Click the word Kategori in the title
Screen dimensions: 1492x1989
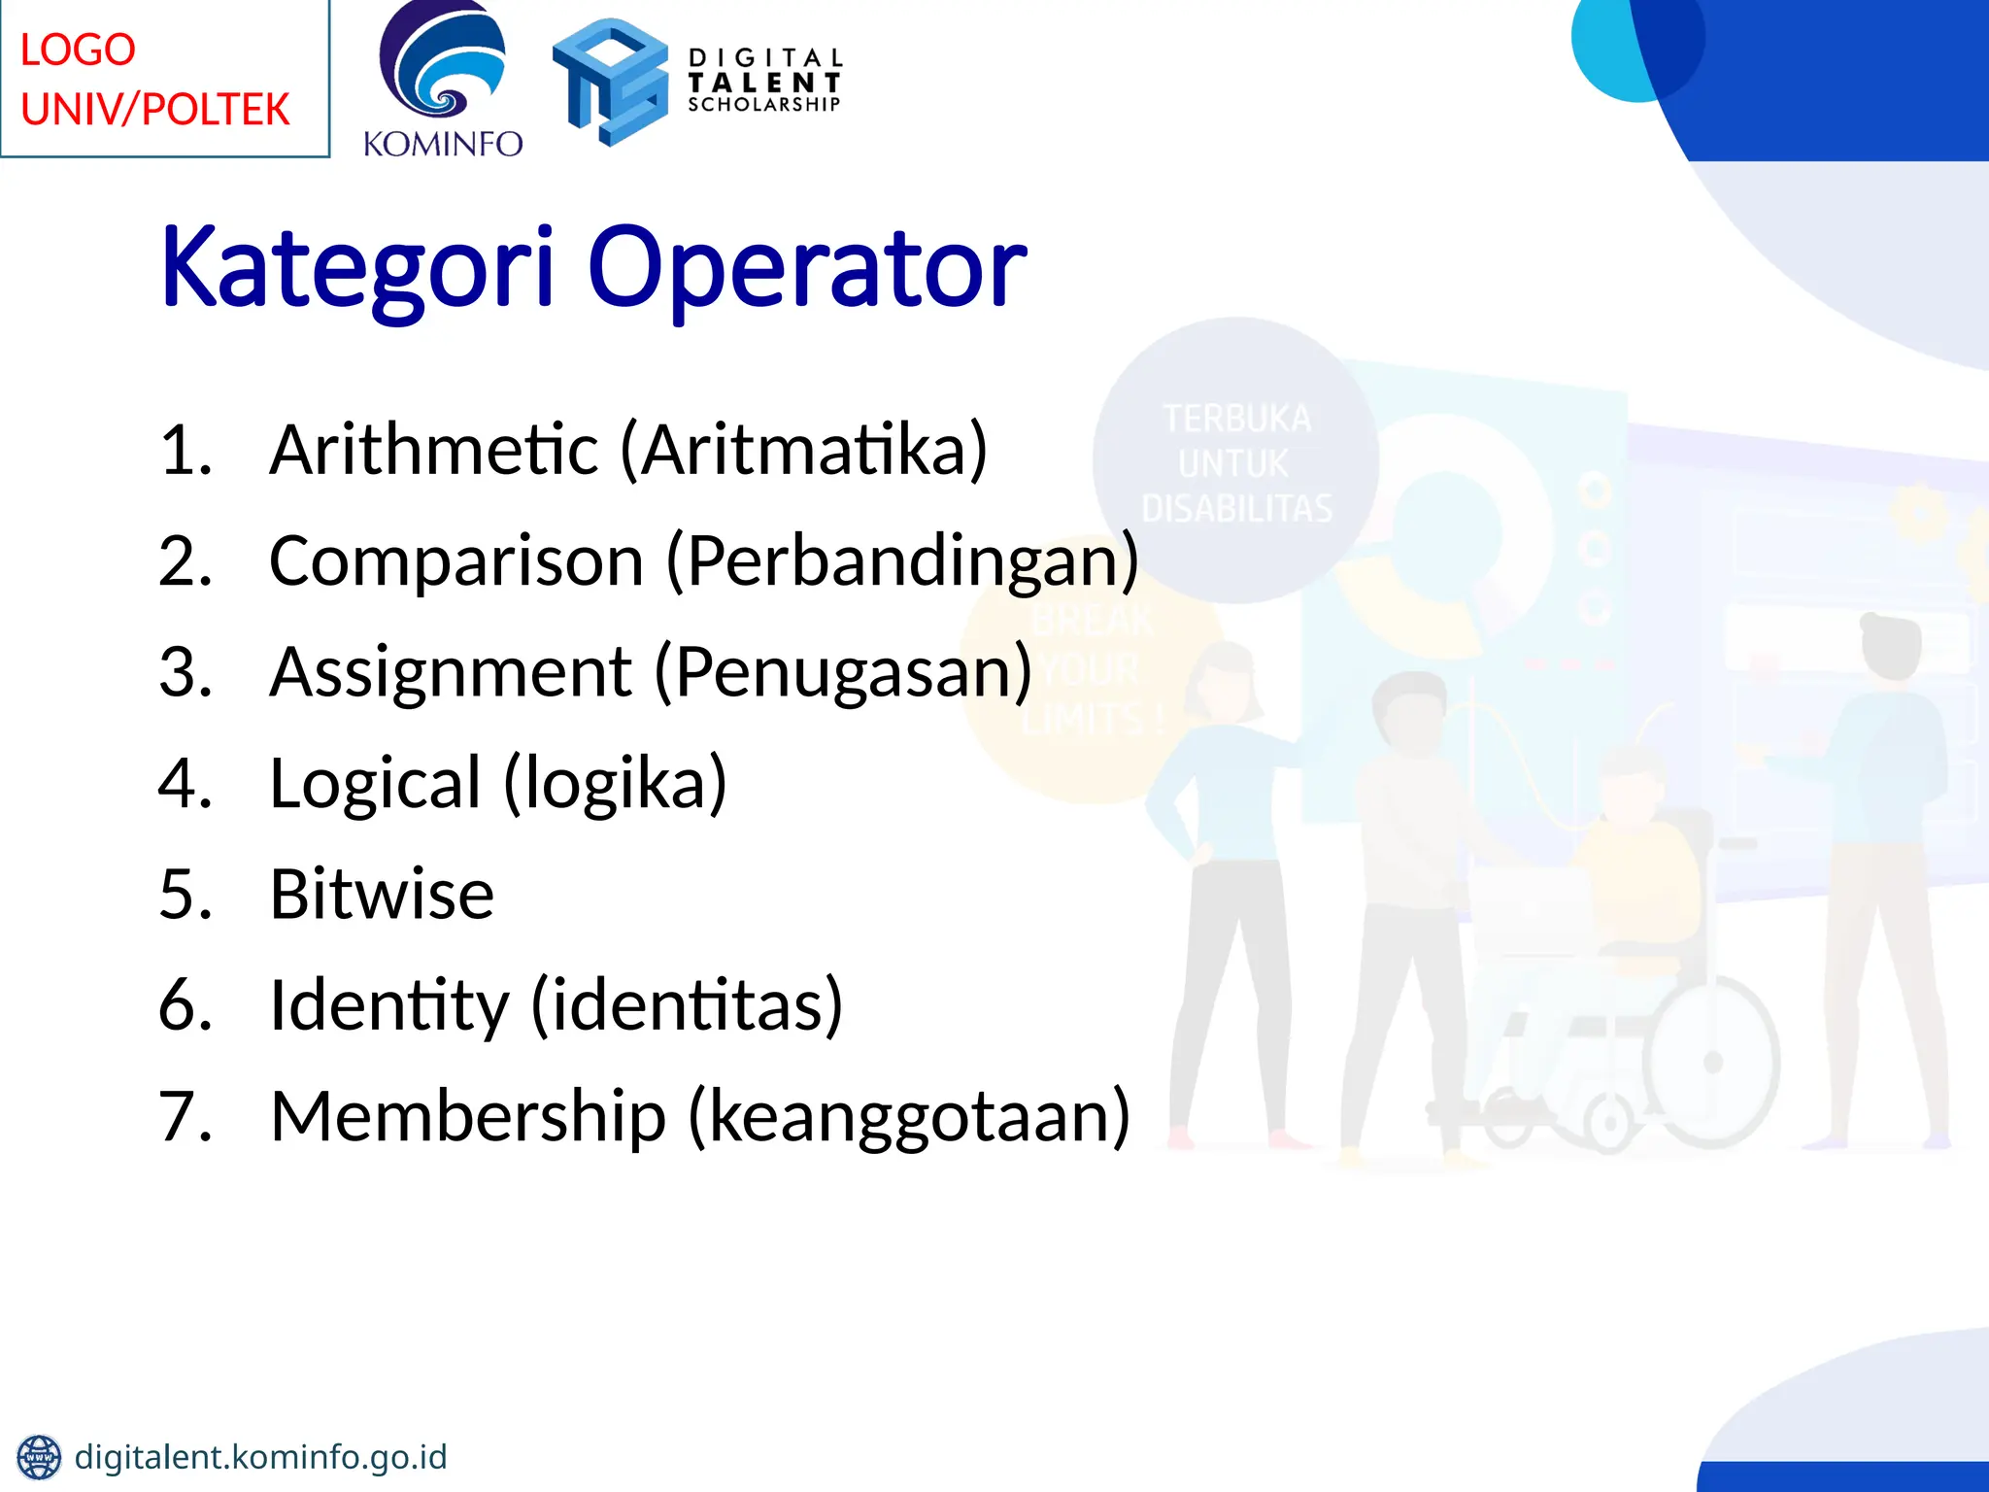[x=357, y=267]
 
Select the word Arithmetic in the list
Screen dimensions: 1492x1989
[x=434, y=450]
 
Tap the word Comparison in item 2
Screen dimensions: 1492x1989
[x=456, y=561]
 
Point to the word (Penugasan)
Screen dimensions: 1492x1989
[x=843, y=672]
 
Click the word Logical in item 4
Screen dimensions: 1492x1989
[x=375, y=783]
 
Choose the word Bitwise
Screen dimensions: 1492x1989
[x=382, y=894]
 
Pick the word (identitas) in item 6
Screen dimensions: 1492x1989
[x=688, y=1005]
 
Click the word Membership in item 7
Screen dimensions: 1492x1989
[x=468, y=1116]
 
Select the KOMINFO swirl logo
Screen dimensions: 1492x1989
[x=443, y=63]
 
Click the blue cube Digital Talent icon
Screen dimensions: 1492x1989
[x=610, y=82]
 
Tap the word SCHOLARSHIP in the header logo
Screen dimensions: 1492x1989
[x=763, y=105]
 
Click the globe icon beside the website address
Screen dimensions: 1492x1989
[x=39, y=1457]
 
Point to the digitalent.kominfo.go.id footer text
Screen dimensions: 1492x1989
[x=260, y=1457]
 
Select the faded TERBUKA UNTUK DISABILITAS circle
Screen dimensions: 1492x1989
[x=1235, y=461]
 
